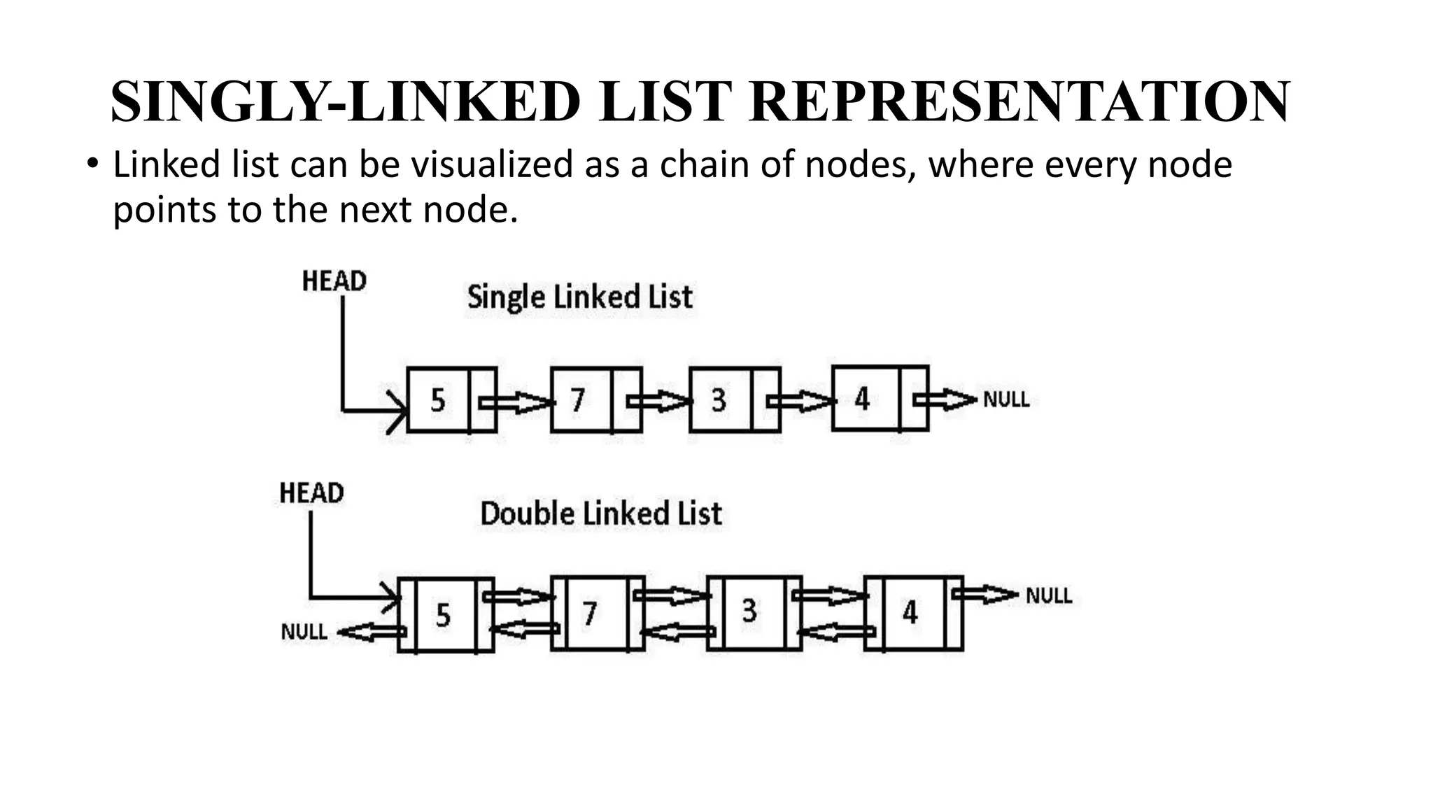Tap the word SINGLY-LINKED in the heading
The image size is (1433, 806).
pos(345,102)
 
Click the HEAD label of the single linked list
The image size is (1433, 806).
pos(334,281)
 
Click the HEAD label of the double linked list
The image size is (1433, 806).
pos(311,493)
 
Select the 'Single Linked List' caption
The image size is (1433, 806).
pos(579,297)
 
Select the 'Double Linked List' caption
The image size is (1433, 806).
pos(600,514)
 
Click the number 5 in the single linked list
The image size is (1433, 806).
pos(438,400)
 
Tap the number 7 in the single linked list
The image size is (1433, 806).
pos(577,400)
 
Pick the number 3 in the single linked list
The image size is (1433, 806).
pos(719,400)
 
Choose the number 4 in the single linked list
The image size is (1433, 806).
pos(862,400)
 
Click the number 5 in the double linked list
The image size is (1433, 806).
pos(443,616)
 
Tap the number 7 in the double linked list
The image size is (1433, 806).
pos(590,614)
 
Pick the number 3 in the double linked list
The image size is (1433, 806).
pos(749,611)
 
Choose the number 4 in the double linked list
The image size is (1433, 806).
pos(910,613)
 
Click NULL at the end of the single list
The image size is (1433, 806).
pos(1005,400)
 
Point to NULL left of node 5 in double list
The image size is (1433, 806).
pos(304,632)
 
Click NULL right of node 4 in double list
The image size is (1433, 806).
pos(1048,596)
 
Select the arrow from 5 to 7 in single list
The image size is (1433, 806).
pos(516,403)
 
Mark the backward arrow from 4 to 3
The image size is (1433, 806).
pos(835,632)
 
